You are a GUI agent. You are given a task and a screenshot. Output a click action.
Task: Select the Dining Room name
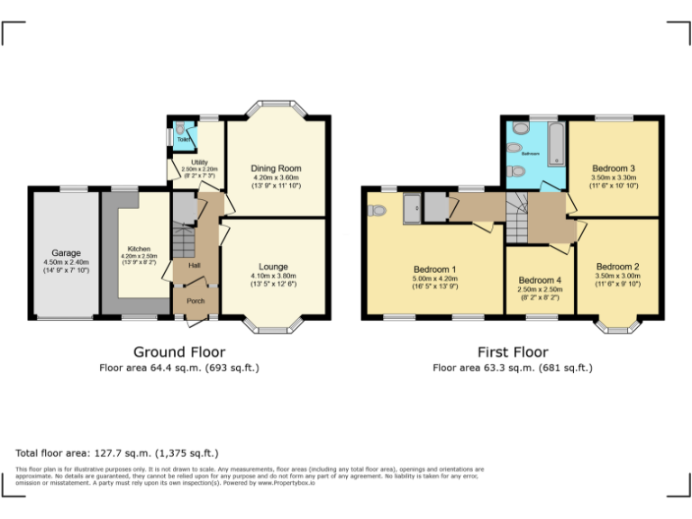click(x=276, y=168)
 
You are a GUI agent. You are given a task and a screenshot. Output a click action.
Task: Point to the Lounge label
click(x=273, y=267)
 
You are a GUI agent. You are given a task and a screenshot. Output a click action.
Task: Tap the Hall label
click(x=194, y=266)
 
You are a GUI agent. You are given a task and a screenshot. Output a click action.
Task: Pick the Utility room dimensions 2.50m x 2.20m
click(x=200, y=169)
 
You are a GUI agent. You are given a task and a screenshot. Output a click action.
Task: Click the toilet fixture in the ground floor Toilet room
click(x=180, y=128)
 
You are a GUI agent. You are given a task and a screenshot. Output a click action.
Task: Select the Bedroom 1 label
click(x=434, y=269)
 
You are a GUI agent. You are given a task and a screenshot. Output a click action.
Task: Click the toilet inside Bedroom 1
click(x=377, y=210)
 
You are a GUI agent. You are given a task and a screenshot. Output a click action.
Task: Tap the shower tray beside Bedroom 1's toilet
click(x=413, y=208)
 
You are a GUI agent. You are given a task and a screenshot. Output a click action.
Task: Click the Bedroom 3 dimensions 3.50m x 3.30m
click(x=614, y=178)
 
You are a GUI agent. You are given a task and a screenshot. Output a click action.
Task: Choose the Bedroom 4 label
click(x=540, y=280)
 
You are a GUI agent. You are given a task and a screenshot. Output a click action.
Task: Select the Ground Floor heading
click(x=179, y=351)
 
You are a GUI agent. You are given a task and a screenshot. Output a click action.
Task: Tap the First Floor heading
click(x=513, y=351)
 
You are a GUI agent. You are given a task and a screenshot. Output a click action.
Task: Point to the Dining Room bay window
click(x=275, y=105)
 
